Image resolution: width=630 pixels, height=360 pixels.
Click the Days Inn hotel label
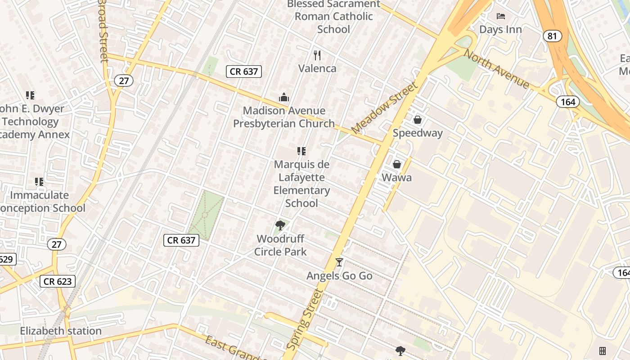click(500, 30)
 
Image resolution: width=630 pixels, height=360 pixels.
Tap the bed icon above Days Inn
click(501, 16)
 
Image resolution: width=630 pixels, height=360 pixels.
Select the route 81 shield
click(552, 36)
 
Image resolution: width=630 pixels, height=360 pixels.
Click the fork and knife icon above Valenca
click(317, 55)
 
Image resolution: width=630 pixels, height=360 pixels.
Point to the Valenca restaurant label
click(317, 68)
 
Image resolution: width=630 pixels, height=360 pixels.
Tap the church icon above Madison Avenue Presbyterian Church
click(284, 97)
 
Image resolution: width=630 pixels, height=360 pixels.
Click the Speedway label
click(418, 133)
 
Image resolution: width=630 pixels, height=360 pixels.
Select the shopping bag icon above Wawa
click(397, 164)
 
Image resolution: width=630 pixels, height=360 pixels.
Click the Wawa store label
click(396, 177)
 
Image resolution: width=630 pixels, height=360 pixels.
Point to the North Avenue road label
click(497, 68)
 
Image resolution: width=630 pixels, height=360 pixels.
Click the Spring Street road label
click(305, 320)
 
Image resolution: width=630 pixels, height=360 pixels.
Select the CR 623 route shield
click(58, 282)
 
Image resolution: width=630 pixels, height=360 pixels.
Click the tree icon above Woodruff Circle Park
click(280, 225)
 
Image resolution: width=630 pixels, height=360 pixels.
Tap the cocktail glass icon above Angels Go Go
click(339, 262)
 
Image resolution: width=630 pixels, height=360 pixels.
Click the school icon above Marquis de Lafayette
click(301, 151)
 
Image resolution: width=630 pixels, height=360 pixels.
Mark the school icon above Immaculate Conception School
click(39, 182)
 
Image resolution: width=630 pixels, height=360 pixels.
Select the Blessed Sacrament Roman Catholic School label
click(333, 17)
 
